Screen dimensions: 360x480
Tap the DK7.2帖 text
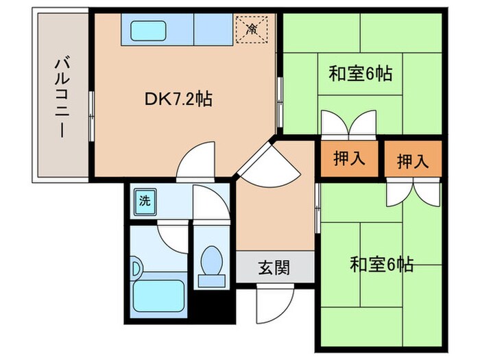[178, 99]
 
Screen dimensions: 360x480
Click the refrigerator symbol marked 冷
[252, 29]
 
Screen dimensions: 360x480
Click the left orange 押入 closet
[349, 159]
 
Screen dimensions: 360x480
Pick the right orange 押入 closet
[412, 160]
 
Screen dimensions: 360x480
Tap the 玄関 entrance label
[274, 267]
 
